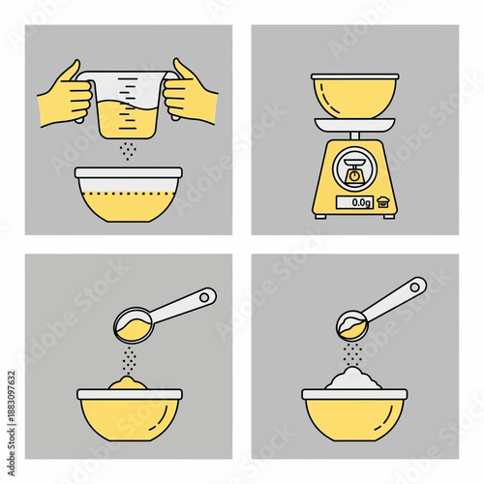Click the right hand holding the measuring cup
click(x=191, y=93)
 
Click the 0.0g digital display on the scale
click(x=359, y=203)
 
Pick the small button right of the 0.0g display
click(x=386, y=202)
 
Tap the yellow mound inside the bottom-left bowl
click(x=129, y=384)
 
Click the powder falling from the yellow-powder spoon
click(x=130, y=360)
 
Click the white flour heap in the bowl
click(x=354, y=379)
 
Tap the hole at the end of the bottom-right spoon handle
click(x=417, y=286)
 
